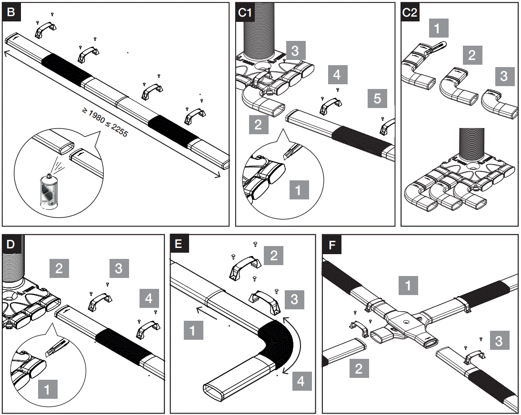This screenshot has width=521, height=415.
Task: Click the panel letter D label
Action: pos(11,245)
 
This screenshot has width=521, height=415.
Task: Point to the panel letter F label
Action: pos(331,245)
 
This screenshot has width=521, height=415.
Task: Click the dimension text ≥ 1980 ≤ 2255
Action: pos(105,123)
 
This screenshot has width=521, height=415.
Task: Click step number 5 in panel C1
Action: pos(377,99)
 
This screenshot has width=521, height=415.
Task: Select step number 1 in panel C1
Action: pos(299,190)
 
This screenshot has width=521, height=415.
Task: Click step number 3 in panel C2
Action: pos(504,76)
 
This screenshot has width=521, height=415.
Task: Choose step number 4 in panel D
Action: pos(150,299)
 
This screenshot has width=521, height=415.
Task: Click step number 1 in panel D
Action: pos(47,389)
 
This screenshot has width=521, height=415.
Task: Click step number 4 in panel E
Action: pos(301,380)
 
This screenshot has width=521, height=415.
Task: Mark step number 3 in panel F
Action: pos(499,341)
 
